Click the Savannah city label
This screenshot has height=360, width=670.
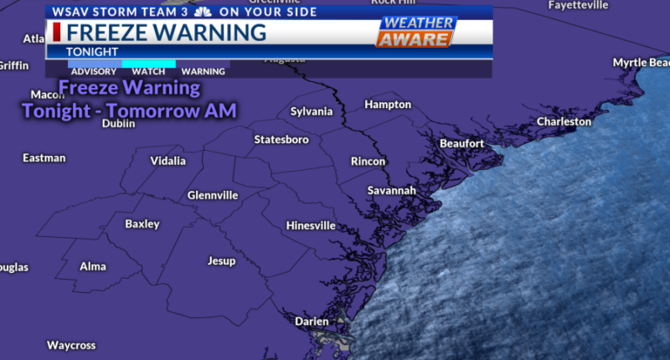391,191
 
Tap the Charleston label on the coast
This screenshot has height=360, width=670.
564,121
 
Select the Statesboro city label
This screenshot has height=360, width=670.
281,139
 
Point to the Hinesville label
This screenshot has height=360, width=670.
311,226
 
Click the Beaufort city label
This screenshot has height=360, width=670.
461,144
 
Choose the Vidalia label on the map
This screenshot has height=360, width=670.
168,161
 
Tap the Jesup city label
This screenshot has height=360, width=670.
221,261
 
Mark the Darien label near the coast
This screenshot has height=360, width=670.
312,321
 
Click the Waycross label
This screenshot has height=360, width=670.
71,345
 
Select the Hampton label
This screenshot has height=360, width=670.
388,105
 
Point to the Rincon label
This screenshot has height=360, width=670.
368,162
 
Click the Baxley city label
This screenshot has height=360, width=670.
142,224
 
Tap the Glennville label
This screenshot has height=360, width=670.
213,195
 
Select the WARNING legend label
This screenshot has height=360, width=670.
203,72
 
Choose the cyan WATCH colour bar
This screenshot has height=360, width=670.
148,64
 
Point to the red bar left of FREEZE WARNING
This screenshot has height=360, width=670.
56,32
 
